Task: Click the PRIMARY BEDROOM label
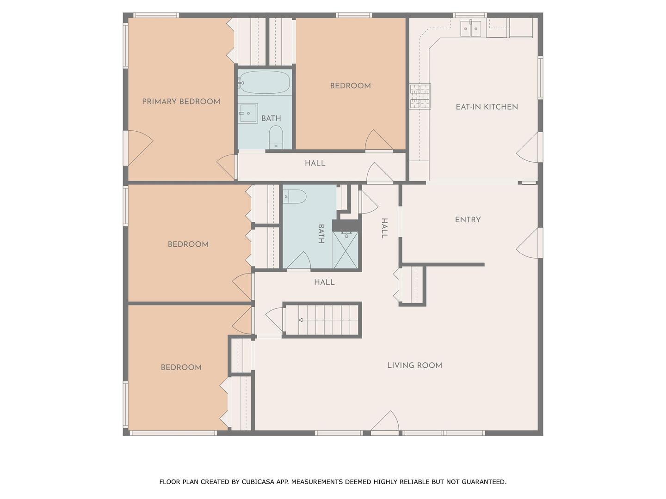click(181, 102)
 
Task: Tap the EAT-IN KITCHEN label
click(487, 107)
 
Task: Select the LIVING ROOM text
click(414, 365)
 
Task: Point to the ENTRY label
click(468, 219)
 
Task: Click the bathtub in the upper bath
click(264, 82)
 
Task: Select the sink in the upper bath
click(248, 113)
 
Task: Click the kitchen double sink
click(471, 29)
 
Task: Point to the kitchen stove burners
click(420, 97)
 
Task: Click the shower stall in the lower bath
click(345, 249)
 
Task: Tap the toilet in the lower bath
click(294, 197)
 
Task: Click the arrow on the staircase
click(328, 320)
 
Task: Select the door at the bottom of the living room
click(385, 423)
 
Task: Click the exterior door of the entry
click(530, 243)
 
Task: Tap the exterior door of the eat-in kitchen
click(530, 147)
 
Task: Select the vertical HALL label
click(384, 228)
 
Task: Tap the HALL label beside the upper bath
click(315, 163)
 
